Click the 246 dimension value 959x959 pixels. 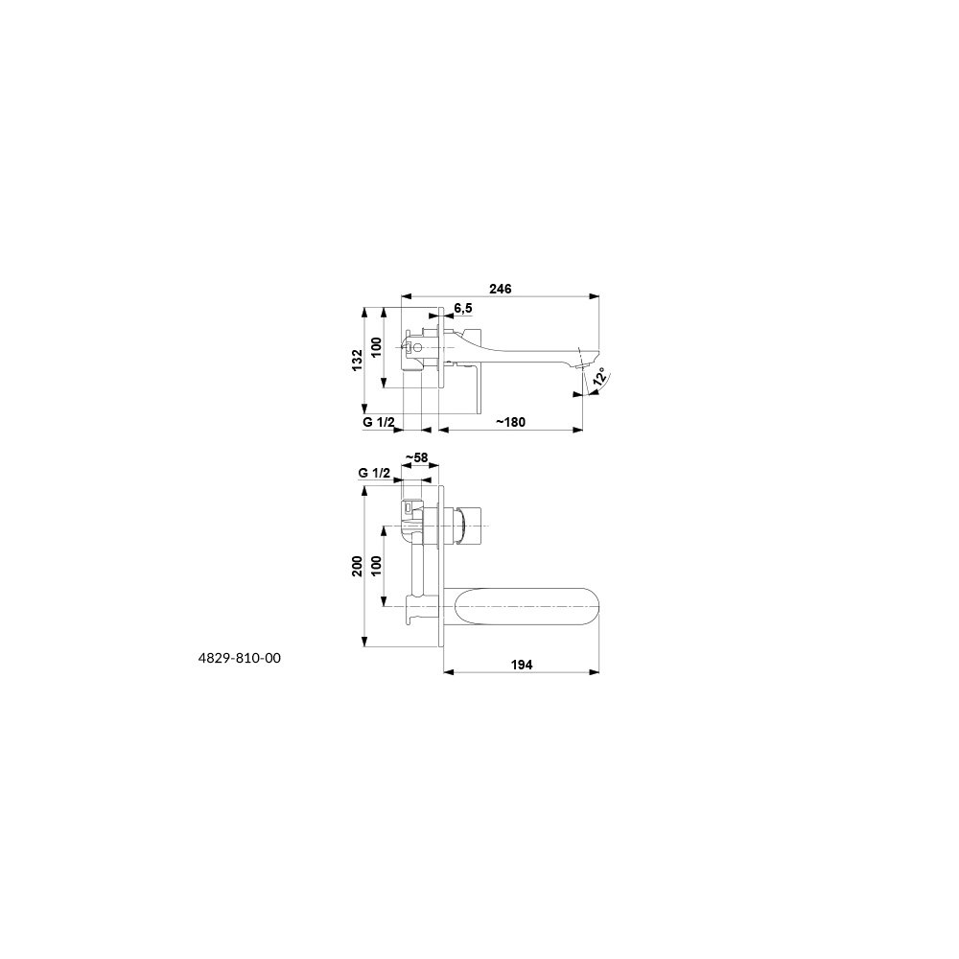pyautogui.click(x=501, y=289)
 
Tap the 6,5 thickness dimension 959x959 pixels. pyautogui.click(x=463, y=308)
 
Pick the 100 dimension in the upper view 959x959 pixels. pyautogui.click(x=376, y=347)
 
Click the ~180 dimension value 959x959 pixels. pyautogui.click(x=510, y=422)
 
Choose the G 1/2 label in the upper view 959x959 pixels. pyautogui.click(x=379, y=422)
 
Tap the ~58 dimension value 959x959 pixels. pyautogui.click(x=416, y=457)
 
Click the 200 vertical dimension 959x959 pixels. pyautogui.click(x=357, y=566)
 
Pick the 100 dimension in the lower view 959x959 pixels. pyautogui.click(x=376, y=565)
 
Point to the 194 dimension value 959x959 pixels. pyautogui.click(x=521, y=665)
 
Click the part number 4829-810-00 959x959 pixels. pyautogui.click(x=240, y=658)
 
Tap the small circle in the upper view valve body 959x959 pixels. pyautogui.click(x=417, y=349)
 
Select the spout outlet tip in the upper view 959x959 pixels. pyautogui.click(x=582, y=365)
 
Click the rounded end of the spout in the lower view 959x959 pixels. pyautogui.click(x=590, y=606)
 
